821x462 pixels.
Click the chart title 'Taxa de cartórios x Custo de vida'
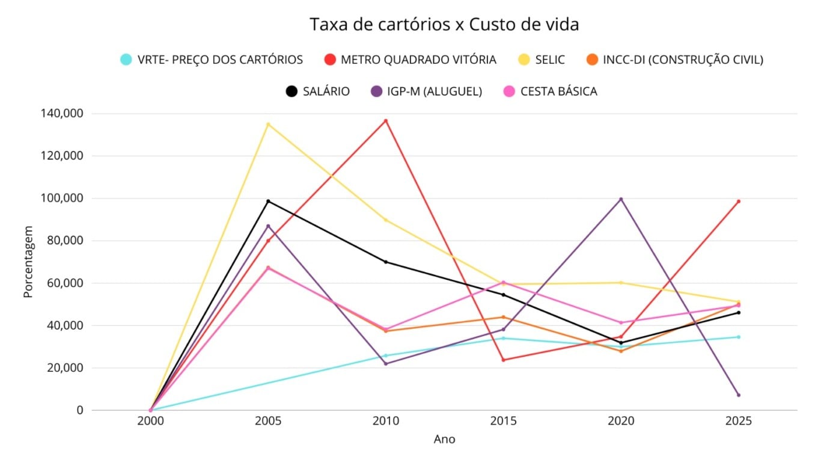click(x=444, y=25)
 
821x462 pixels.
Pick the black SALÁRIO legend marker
click(x=291, y=91)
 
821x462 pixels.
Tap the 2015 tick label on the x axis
click(x=504, y=422)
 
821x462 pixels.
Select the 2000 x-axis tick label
click(x=150, y=422)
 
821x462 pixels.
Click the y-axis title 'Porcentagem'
click(x=28, y=262)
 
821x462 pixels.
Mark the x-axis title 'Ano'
click(x=445, y=440)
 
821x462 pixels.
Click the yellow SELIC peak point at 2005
click(x=268, y=125)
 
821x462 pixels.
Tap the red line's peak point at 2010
click(x=386, y=121)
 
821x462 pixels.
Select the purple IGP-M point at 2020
click(x=621, y=199)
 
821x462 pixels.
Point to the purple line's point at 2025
click(x=739, y=395)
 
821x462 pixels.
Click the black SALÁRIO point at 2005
click(x=268, y=201)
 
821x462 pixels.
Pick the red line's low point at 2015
click(x=504, y=360)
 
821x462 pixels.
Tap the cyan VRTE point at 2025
click(x=739, y=337)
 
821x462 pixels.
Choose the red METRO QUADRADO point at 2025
click(x=739, y=202)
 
